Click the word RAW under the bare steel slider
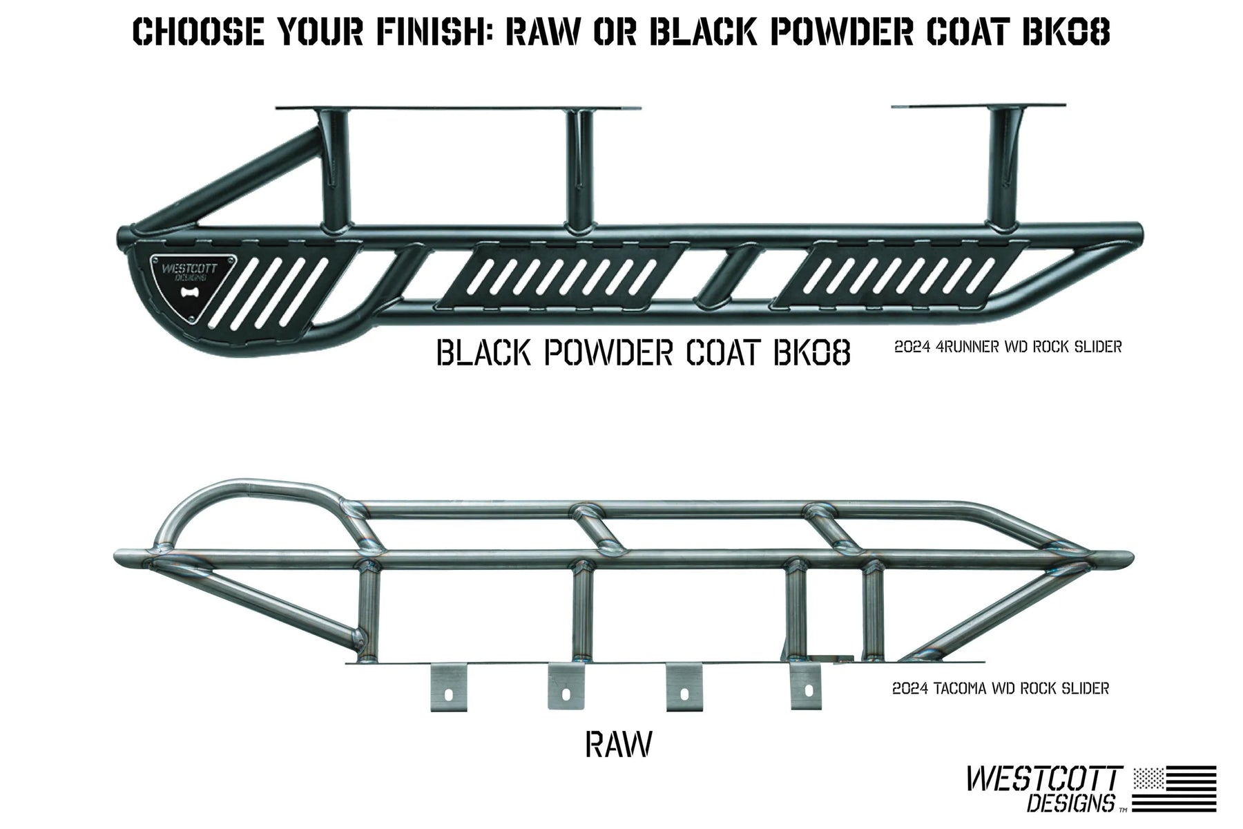[618, 745]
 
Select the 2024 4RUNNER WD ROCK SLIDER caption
[1008, 347]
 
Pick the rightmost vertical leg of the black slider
[1001, 173]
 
